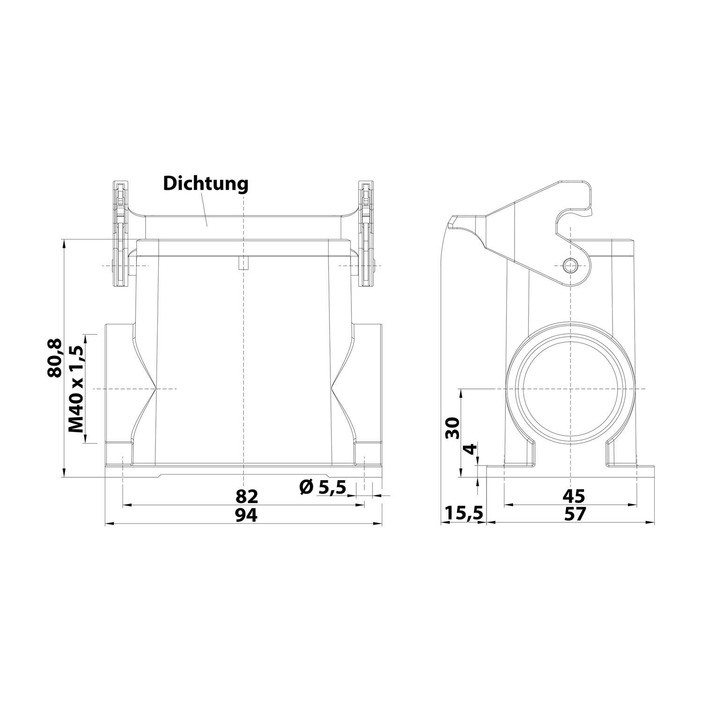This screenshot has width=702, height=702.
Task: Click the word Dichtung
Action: point(205,184)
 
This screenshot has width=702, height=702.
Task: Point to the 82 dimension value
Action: point(247,496)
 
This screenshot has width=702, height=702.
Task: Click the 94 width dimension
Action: point(247,515)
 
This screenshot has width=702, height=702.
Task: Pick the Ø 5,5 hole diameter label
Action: point(322,488)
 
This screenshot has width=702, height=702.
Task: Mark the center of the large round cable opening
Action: point(571,388)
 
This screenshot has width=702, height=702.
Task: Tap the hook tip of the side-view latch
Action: point(591,213)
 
